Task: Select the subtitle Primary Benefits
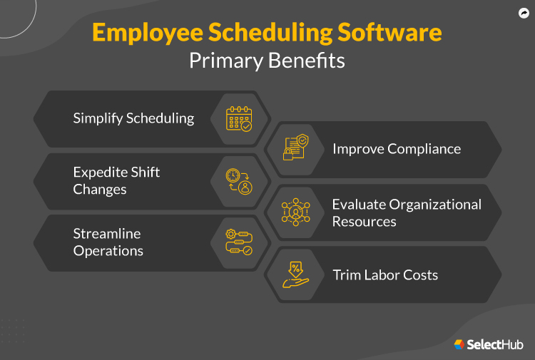pyautogui.click(x=267, y=61)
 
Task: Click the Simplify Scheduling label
pyautogui.click(x=133, y=118)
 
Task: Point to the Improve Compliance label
pyautogui.click(x=397, y=149)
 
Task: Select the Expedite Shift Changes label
pyautogui.click(x=116, y=180)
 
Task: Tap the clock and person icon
pyautogui.click(x=239, y=181)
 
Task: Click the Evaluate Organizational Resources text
pyautogui.click(x=407, y=212)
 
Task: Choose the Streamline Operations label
pyautogui.click(x=108, y=242)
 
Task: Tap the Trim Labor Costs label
pyautogui.click(x=385, y=274)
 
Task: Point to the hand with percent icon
pyautogui.click(x=295, y=275)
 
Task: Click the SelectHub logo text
pyautogui.click(x=495, y=344)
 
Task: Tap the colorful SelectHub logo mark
pyautogui.click(x=460, y=344)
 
